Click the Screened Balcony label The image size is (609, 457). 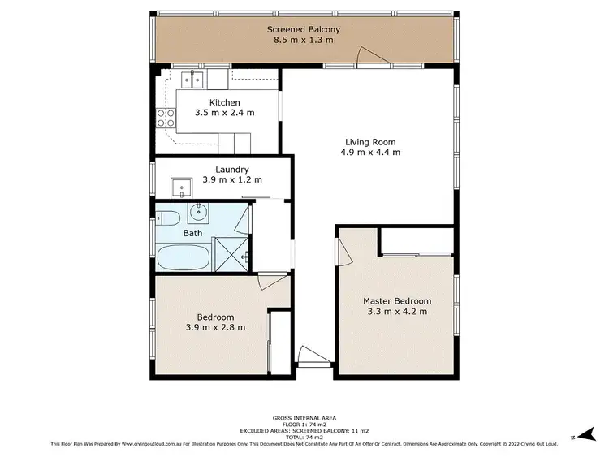pos(304,30)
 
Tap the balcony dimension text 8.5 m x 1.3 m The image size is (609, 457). pos(304,42)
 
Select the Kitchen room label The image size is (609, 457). pos(224,102)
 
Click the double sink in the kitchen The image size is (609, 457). pos(192,79)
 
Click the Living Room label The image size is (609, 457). pos(369,141)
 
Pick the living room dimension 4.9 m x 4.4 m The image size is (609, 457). pos(369,152)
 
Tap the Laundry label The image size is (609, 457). pos(221,170)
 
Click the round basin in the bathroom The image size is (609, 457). pos(198,214)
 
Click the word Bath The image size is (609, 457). pos(192,234)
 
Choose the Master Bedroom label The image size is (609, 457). pos(396,301)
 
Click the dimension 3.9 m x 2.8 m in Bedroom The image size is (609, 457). pos(215,327)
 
